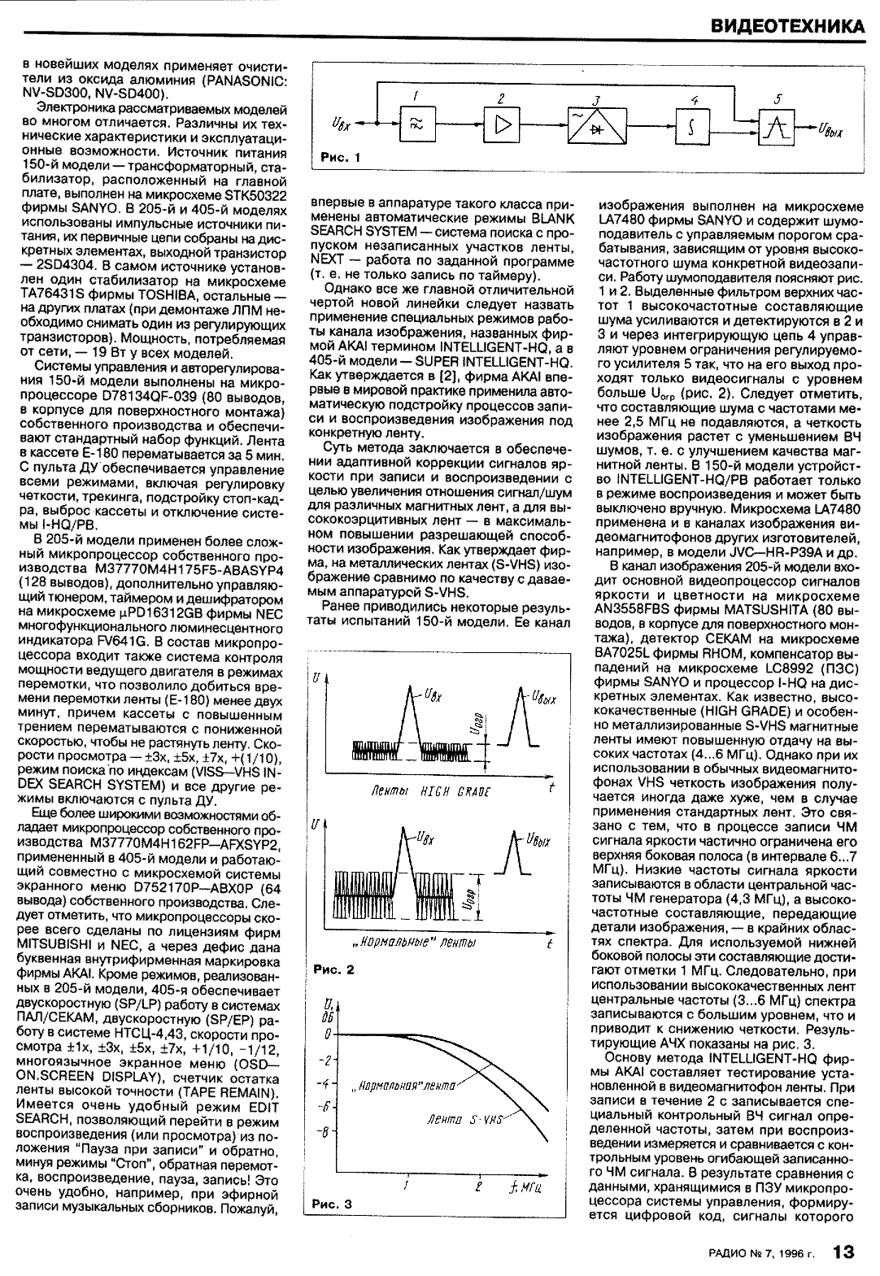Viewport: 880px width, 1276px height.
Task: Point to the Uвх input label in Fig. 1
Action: (x=343, y=125)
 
